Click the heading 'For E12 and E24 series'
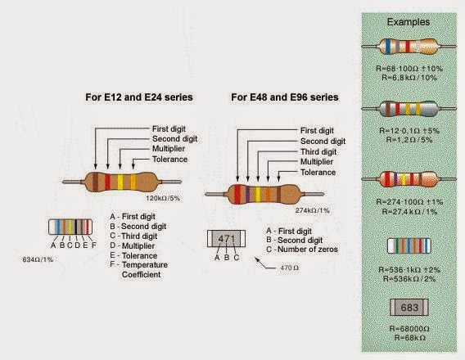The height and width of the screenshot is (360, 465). coord(139,97)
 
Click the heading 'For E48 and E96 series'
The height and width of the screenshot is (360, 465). coord(286,97)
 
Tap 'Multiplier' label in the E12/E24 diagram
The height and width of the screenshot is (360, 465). coord(169,149)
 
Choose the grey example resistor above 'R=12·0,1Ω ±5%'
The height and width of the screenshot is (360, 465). coord(407,108)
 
